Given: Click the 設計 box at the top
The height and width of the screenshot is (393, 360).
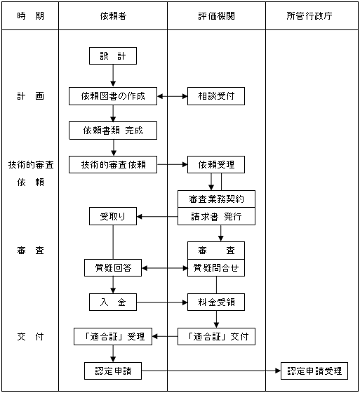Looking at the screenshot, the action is point(113,55).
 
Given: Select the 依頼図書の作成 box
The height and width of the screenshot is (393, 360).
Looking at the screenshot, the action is point(113,96).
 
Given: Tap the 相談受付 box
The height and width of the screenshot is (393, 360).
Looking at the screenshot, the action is point(216,96).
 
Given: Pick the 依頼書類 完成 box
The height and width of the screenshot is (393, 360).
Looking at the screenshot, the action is point(113,131).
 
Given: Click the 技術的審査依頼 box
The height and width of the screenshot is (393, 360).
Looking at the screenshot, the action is point(113,164).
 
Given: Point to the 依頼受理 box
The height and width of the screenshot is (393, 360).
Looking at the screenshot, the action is point(216,164).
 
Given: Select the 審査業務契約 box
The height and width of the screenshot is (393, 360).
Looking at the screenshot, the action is point(216,199).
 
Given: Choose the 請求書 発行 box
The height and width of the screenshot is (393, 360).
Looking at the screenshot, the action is point(216,216).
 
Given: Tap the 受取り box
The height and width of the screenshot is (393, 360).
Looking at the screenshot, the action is point(113,216).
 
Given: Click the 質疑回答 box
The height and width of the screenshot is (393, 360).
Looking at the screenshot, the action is point(113,267).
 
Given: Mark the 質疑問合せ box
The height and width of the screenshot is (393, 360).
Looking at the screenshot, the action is point(216,267).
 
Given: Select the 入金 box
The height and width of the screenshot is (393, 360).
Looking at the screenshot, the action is point(113,302).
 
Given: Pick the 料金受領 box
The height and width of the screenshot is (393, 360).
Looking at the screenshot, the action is point(216,302).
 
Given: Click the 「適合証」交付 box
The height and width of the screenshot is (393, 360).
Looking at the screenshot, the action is point(216,336).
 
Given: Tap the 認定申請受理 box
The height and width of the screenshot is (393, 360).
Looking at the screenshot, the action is point(314,371).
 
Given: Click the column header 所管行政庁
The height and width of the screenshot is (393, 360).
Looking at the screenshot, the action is point(309,16).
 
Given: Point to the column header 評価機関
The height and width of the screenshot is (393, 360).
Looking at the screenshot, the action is point(216,16).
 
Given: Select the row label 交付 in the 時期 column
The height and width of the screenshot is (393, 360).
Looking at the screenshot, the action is point(30,336).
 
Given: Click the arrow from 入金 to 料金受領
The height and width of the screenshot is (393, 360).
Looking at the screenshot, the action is point(162,302).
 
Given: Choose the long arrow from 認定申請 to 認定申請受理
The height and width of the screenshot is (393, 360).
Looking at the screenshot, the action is point(211,371).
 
